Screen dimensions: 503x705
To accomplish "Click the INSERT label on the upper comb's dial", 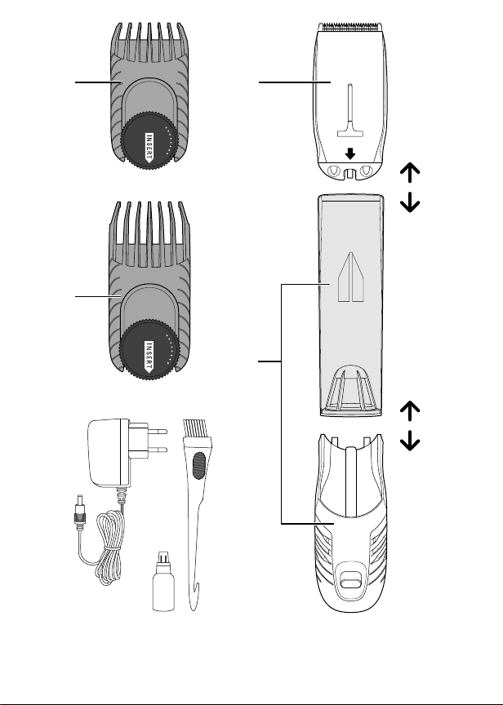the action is click(149, 147).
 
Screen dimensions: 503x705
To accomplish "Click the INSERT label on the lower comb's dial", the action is click(149, 357).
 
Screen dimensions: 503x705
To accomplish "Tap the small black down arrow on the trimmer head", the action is click(350, 153).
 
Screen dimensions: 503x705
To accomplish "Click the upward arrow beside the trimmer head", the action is click(410, 172).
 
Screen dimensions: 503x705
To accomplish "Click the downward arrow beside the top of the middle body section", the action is click(410, 202).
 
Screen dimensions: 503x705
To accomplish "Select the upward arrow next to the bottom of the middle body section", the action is click(410, 411).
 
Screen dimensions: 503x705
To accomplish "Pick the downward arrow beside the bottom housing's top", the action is click(410, 441).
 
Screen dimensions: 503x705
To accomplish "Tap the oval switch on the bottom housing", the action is click(350, 583).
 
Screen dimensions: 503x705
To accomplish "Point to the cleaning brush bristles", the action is click(196, 430).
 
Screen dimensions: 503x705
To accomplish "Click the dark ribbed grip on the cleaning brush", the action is click(198, 465).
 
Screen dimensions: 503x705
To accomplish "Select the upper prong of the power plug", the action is click(158, 431).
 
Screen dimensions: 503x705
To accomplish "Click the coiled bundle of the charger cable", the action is click(109, 548).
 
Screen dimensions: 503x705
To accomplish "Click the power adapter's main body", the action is click(109, 453).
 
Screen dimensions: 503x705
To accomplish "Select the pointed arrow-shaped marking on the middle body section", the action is click(350, 277).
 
